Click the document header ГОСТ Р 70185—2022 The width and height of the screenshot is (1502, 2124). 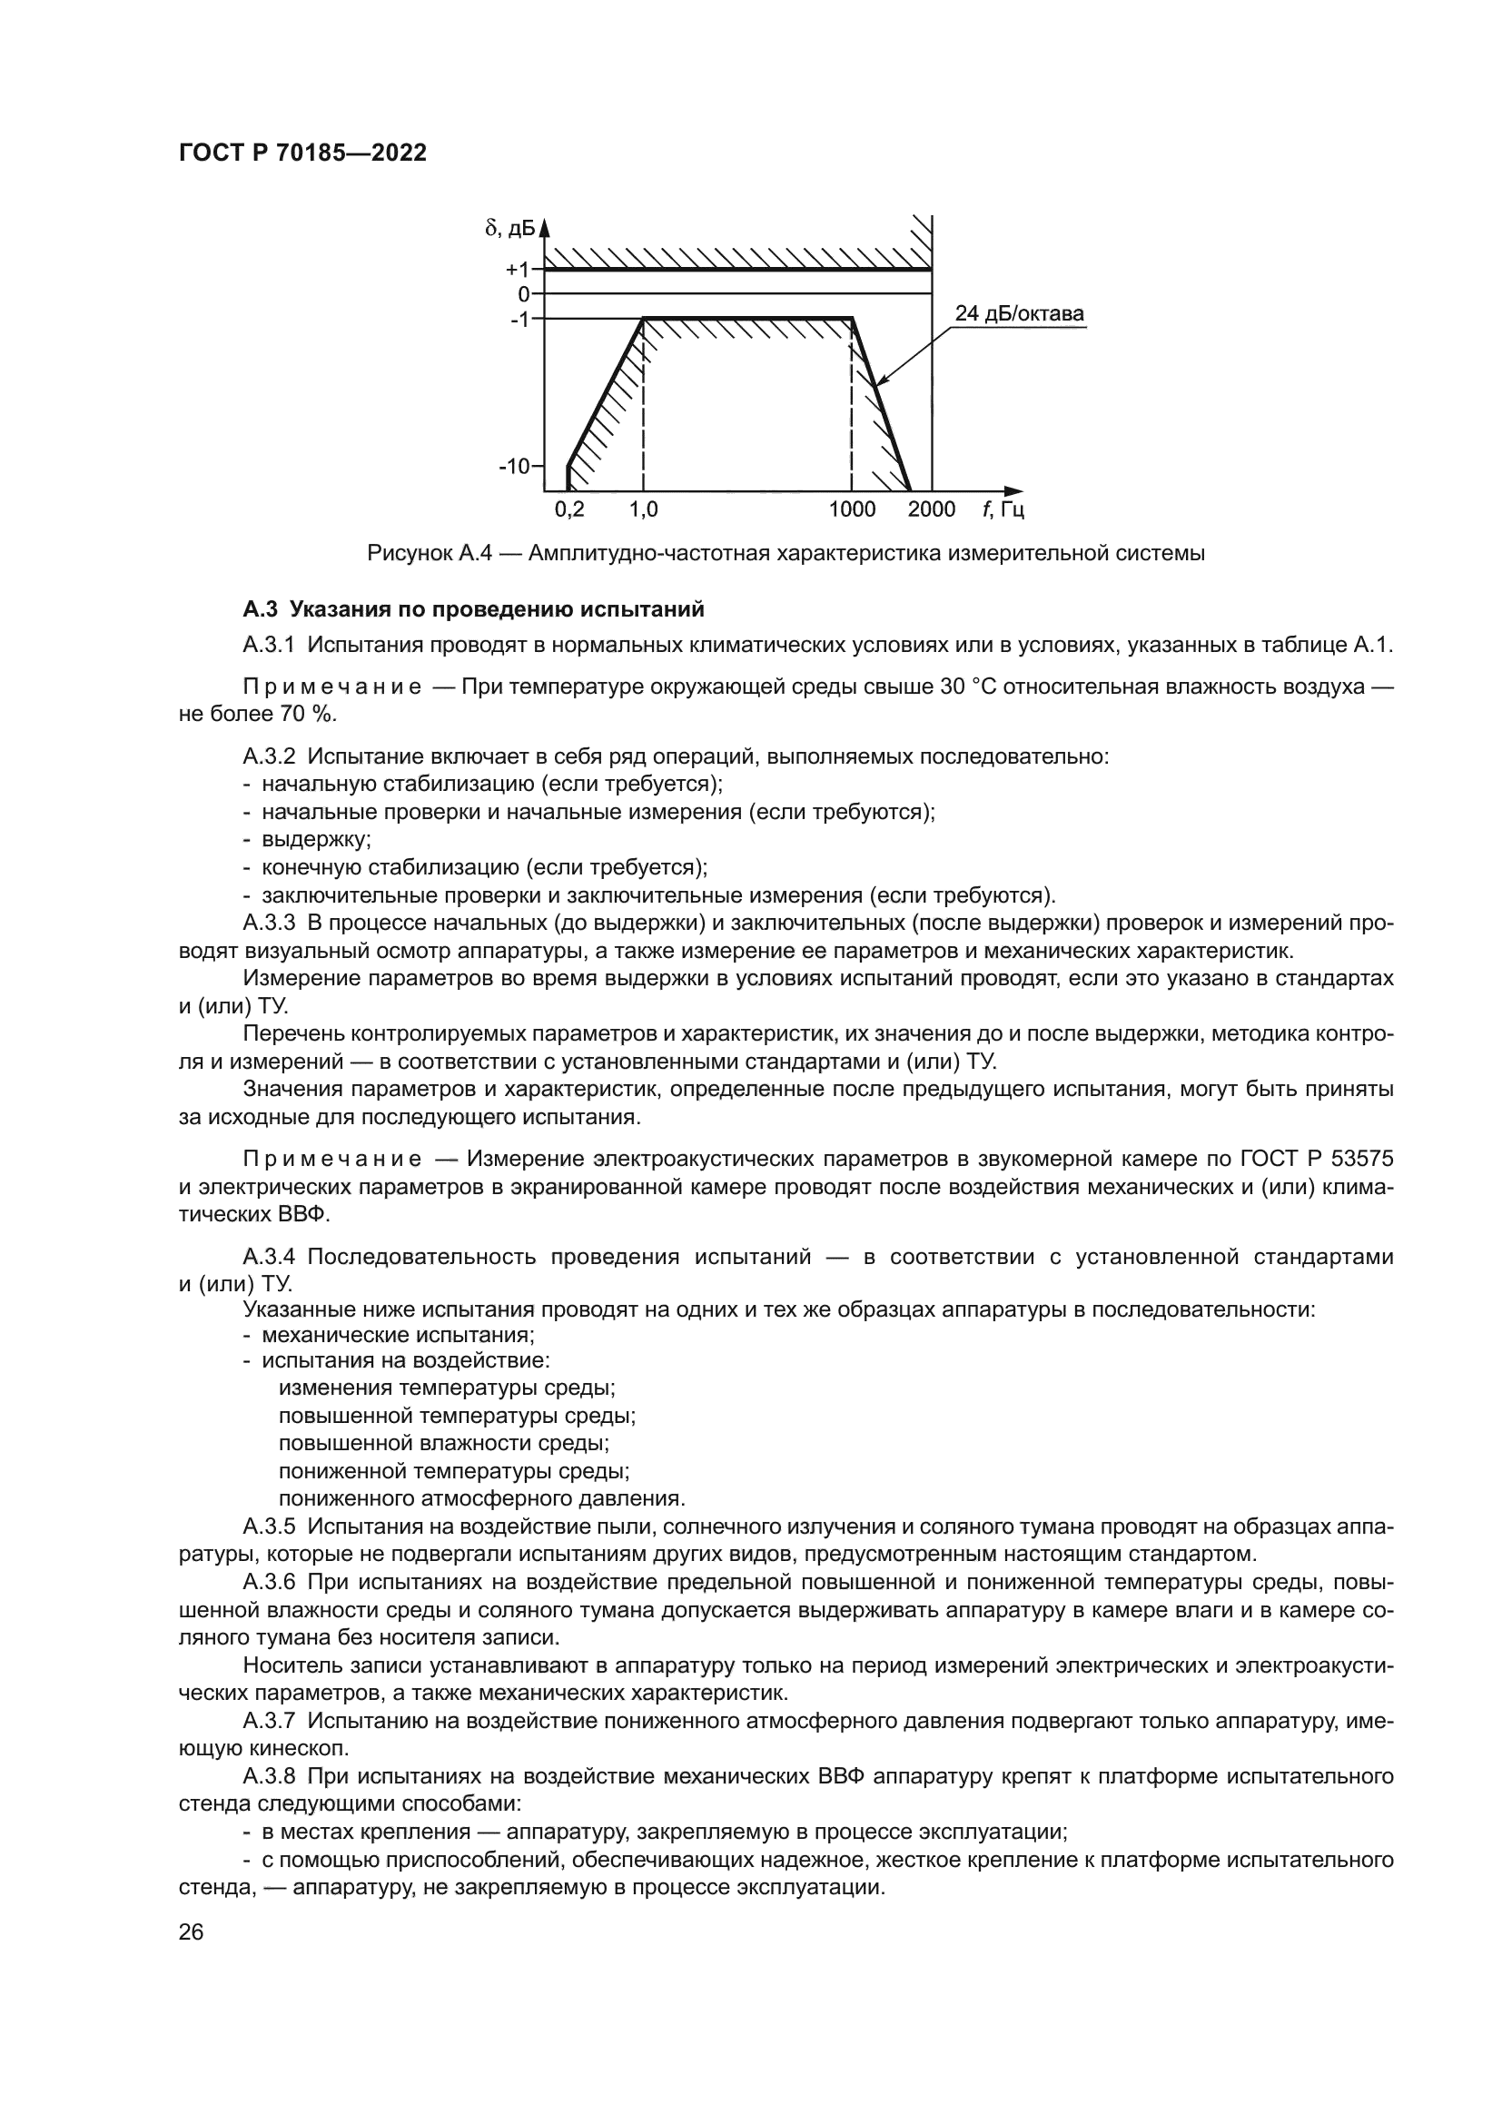click(302, 153)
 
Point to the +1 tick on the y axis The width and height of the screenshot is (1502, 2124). click(518, 270)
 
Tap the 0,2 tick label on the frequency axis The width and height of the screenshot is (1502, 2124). click(569, 509)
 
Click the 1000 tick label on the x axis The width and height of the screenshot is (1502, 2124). click(852, 509)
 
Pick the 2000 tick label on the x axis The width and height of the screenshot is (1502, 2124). click(932, 509)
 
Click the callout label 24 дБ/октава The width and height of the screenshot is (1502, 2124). click(1019, 313)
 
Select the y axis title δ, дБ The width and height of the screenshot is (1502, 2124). click(509, 228)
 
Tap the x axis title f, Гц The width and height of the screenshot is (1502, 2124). click(1003, 509)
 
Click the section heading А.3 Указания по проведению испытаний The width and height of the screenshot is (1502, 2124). click(473, 609)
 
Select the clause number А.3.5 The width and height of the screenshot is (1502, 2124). click(269, 1526)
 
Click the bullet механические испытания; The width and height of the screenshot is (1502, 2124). click(399, 1335)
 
